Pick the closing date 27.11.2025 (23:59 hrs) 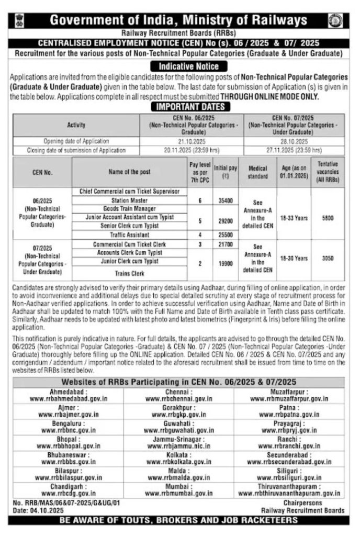click(x=294, y=150)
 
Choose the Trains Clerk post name click(x=129, y=273)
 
